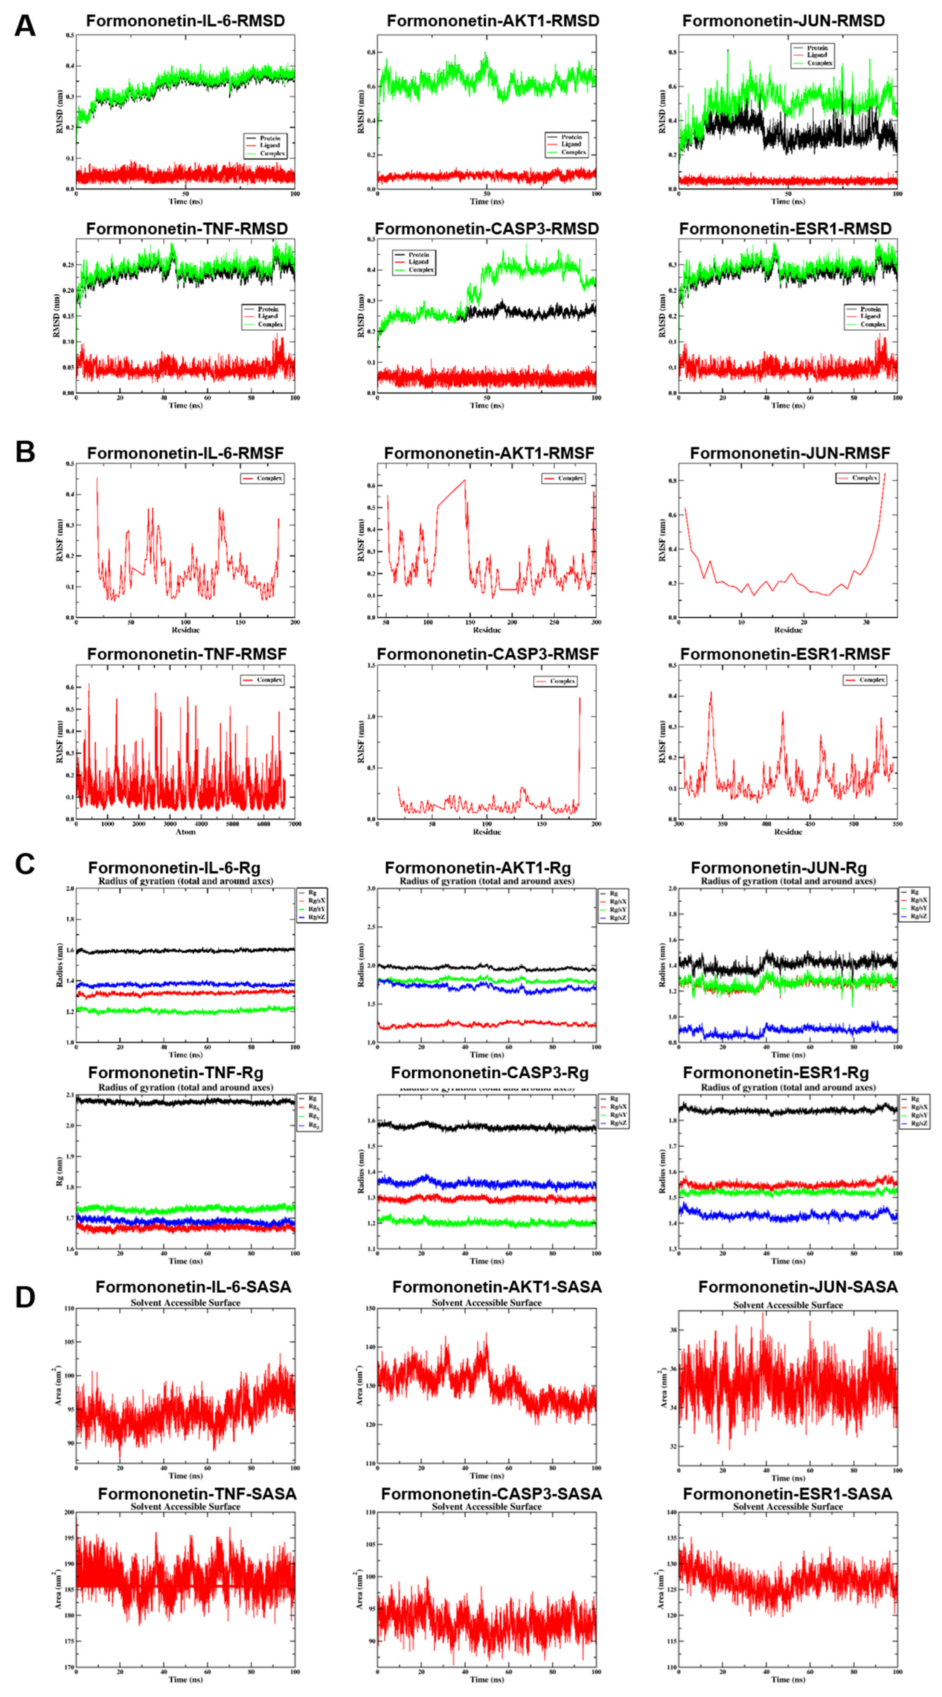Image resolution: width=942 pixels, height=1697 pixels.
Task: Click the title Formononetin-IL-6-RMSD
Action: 185,21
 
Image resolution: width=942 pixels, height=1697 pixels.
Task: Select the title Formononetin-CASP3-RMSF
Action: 488,654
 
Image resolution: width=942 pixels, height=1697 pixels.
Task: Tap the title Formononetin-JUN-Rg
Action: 788,867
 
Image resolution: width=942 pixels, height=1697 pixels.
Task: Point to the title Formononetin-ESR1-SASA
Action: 787,1494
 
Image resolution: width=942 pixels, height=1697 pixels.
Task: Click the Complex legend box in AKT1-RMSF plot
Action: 564,478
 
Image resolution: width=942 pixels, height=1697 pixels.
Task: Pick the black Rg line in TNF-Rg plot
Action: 184,1101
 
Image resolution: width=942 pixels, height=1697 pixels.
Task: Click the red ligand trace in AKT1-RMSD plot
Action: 488,176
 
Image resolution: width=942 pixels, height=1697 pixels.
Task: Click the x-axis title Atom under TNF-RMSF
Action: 185,831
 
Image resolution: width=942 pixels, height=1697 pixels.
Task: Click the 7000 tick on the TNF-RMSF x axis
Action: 295,823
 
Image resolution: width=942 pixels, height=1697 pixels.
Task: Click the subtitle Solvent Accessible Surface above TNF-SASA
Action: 185,1507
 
